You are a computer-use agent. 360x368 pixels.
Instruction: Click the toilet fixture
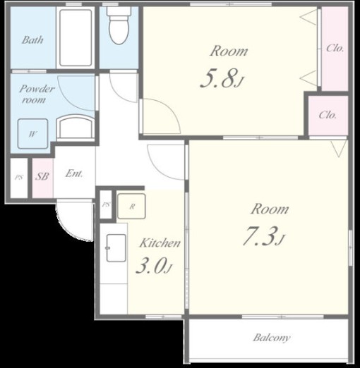[119, 25]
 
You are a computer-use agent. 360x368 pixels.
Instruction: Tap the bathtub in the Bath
[76, 37]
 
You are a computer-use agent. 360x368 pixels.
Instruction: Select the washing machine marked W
[33, 134]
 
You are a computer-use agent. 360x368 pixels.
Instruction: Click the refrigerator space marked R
[131, 207]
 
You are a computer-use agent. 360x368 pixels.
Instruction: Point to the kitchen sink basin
[116, 248]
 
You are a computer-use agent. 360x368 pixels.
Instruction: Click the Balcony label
[272, 338]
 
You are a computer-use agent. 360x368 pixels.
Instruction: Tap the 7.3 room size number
[263, 235]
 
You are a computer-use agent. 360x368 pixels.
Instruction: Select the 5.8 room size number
[221, 78]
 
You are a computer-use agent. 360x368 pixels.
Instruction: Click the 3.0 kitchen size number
[154, 266]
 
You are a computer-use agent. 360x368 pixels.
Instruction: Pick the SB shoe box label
[42, 176]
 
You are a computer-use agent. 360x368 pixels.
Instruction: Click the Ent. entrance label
[74, 173]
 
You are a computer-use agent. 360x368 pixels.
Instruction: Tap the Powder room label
[37, 94]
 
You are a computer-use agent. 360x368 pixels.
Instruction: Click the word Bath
[32, 40]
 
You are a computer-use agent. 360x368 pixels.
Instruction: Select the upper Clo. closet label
[335, 48]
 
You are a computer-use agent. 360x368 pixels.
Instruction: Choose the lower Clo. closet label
[328, 115]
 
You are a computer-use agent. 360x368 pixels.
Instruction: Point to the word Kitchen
[160, 243]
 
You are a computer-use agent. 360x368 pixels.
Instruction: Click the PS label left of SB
[19, 177]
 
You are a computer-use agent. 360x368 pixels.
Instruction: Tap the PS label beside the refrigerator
[106, 204]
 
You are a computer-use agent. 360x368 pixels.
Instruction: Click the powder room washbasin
[76, 127]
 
